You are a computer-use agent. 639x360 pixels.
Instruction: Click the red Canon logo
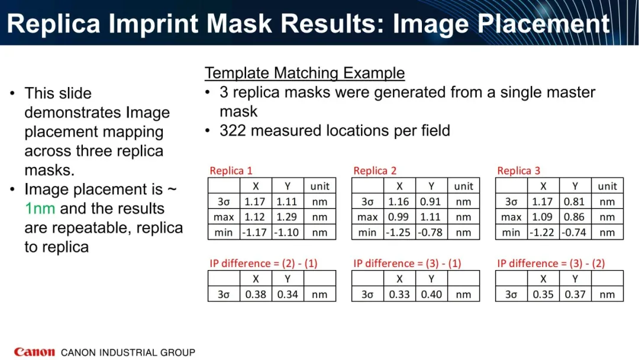[34, 352]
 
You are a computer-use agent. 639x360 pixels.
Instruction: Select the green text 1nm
[40, 208]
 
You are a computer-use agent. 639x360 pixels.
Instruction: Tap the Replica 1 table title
[231, 171]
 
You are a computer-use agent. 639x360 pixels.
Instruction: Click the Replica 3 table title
[518, 171]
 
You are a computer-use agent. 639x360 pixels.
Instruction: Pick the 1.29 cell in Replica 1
[287, 217]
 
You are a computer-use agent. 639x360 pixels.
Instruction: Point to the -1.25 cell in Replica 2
[399, 232]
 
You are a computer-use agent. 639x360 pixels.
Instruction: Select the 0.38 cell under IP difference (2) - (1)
[256, 294]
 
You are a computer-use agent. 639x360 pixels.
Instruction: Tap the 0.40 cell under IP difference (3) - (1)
[431, 294]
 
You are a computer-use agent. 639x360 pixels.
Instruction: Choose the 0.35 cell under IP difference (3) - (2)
[543, 294]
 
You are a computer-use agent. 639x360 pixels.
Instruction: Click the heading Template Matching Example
[305, 73]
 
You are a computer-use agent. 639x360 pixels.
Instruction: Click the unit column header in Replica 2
[463, 187]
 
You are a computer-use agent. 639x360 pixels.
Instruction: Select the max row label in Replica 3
[511, 217]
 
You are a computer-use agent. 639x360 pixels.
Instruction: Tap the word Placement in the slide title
[543, 24]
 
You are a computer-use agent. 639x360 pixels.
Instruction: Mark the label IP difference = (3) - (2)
[551, 263]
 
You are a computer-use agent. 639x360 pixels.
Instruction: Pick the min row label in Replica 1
[223, 232]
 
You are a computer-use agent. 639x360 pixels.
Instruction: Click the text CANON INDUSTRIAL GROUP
[128, 352]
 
